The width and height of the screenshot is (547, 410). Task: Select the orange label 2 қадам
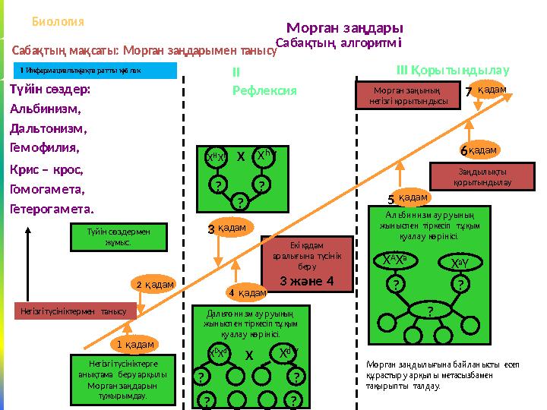(155, 284)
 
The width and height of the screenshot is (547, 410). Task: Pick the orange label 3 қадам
(229, 227)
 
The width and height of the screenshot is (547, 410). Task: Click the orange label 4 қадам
(246, 292)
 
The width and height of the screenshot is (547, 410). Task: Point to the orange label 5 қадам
(409, 198)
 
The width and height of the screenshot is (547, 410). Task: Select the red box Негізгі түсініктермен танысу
(76, 311)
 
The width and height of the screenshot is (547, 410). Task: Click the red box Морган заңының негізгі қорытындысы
(408, 97)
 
